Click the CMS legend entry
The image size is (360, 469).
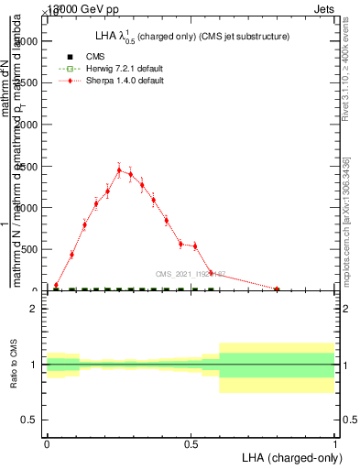93,56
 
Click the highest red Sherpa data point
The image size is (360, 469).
119,169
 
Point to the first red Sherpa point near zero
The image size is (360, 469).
56,286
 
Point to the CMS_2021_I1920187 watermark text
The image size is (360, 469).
190,274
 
